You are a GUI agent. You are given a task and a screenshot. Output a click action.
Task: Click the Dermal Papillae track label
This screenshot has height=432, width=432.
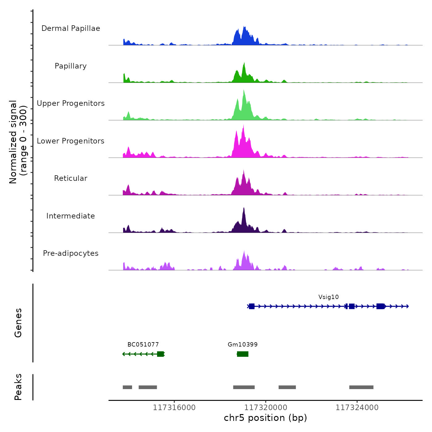(71, 28)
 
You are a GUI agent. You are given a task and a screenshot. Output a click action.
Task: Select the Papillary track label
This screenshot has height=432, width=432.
(71, 66)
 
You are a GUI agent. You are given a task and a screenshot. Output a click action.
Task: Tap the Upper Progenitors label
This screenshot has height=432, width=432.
(71, 103)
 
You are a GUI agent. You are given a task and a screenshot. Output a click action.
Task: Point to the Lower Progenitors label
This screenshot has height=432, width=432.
(71, 141)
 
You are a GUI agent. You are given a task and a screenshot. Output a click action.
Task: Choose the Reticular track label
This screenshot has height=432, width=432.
(71, 178)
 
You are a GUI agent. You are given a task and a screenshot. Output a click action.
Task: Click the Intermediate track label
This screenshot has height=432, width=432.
(71, 216)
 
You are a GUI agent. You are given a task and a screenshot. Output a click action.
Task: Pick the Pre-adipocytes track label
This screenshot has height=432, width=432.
(71, 253)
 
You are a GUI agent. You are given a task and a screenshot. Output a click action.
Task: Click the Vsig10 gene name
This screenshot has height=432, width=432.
(329, 297)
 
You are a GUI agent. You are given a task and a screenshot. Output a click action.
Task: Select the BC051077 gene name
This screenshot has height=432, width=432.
(143, 345)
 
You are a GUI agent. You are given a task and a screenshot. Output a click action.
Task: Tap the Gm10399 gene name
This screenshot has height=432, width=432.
(243, 345)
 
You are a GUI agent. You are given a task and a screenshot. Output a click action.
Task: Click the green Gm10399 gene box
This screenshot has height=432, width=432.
(243, 354)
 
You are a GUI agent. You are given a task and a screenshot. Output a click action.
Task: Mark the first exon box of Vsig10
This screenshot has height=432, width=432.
(252, 306)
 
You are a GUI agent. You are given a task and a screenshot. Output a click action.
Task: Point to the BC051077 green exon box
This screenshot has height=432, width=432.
(160, 354)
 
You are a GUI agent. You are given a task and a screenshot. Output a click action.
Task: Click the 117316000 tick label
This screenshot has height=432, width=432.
(174, 408)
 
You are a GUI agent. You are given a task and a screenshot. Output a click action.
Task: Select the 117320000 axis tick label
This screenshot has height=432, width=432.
(266, 408)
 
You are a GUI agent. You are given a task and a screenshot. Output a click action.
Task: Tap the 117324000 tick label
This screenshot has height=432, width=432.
(357, 408)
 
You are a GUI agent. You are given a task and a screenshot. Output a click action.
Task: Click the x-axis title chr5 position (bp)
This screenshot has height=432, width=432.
(265, 418)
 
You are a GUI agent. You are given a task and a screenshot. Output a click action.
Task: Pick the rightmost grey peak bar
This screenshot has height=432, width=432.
(361, 387)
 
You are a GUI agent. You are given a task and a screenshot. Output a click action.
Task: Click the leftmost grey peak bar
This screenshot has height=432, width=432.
(127, 387)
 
